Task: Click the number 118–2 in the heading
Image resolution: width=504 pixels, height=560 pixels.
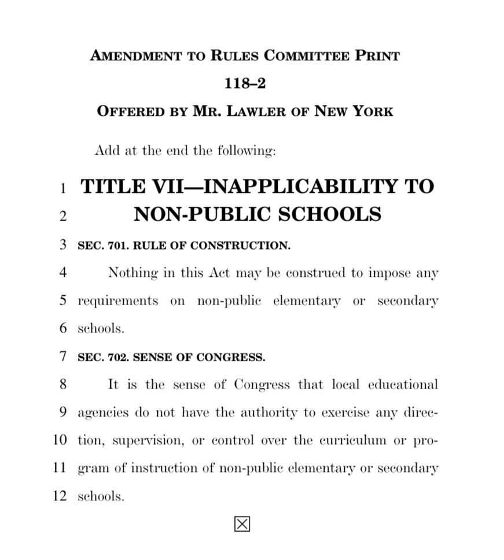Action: (245, 83)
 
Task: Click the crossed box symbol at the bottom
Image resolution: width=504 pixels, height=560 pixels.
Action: (242, 524)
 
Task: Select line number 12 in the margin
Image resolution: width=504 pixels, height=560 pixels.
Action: (60, 496)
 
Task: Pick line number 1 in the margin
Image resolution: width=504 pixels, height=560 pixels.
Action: (63, 188)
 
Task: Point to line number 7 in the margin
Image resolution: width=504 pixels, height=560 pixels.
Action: (63, 357)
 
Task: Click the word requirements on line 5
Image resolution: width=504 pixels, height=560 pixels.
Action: (117, 301)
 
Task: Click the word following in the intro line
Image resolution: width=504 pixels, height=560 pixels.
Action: (247, 151)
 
